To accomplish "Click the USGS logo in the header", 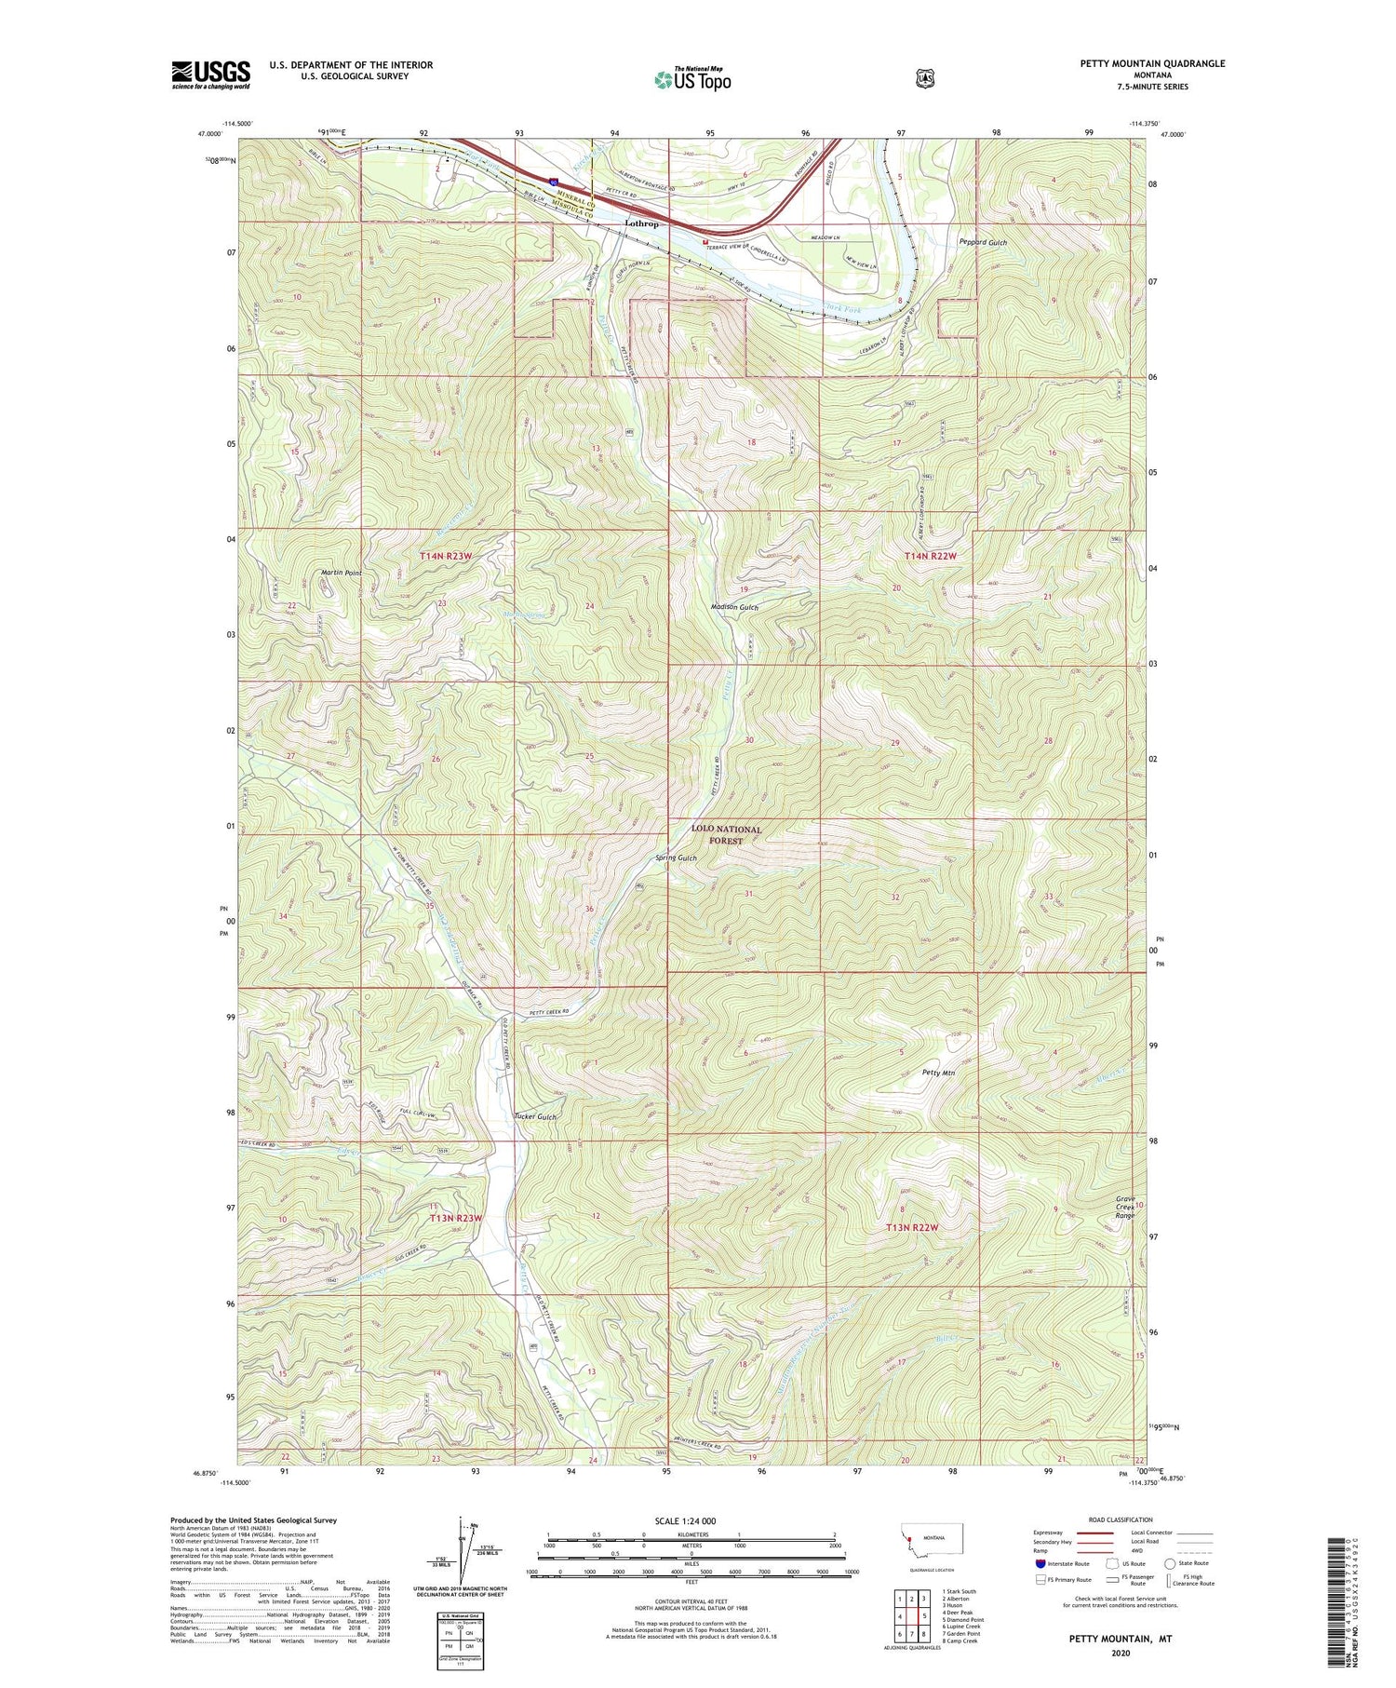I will (x=210, y=74).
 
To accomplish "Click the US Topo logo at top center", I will (x=692, y=79).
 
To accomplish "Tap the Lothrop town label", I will (x=641, y=224).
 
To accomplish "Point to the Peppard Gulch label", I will (x=983, y=242).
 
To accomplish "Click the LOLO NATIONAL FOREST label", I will (x=726, y=834).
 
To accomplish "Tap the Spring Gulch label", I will (x=676, y=858).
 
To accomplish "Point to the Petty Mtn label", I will (x=938, y=1073).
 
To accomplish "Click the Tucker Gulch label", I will (x=535, y=1116).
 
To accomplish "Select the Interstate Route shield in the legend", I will (x=1040, y=1564).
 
